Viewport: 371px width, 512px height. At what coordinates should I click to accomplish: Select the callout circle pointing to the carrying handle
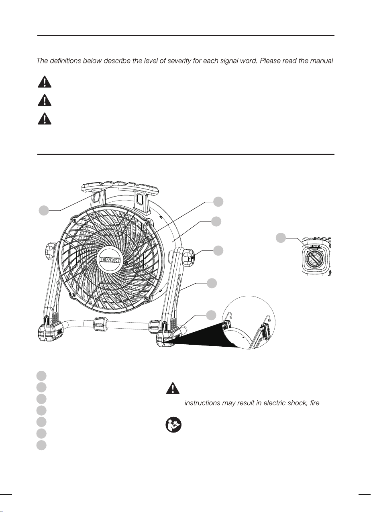coord(44,210)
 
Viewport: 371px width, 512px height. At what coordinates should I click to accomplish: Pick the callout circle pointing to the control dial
coord(281,238)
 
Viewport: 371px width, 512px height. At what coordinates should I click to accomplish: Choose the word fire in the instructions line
coord(315,402)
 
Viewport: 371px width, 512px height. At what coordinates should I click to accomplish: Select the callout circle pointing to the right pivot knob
coord(217,250)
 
